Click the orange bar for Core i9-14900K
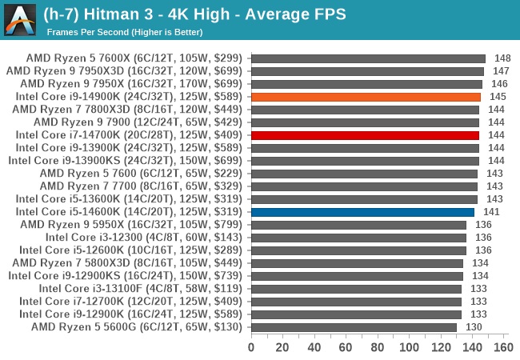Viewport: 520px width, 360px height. (366, 97)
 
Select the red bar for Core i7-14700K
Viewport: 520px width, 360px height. (365, 135)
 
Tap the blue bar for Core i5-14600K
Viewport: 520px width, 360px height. (362, 212)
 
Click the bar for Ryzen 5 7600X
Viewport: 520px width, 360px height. (368, 58)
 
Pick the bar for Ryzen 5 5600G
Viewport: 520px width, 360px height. (354, 327)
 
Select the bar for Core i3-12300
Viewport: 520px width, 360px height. (358, 238)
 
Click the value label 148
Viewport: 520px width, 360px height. (502, 58)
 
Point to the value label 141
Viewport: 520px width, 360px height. (491, 212)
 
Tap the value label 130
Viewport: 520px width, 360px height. (474, 327)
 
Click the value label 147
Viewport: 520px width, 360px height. (501, 71)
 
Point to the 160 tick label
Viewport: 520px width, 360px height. (503, 348)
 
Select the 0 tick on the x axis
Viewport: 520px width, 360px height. (251, 348)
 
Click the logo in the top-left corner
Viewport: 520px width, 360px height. (19, 19)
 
